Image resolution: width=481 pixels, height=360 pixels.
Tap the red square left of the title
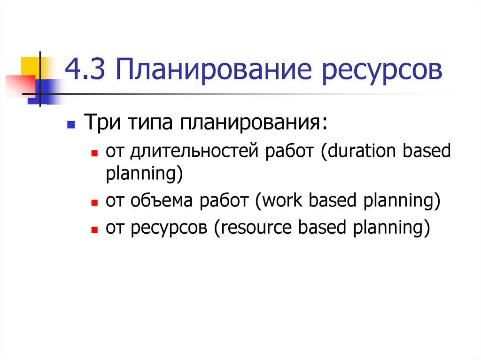19,84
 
